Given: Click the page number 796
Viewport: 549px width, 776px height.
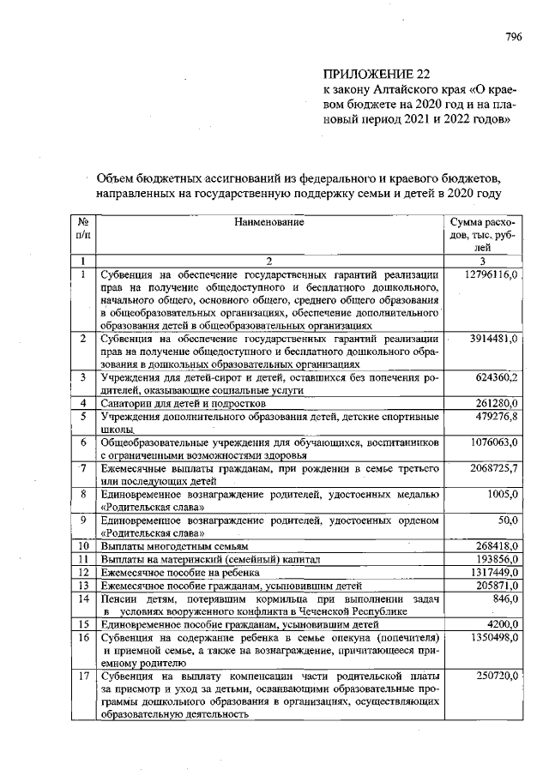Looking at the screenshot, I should point(513,37).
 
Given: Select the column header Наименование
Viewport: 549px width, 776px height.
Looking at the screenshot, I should point(269,222).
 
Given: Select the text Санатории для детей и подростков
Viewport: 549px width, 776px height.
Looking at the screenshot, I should point(184,403).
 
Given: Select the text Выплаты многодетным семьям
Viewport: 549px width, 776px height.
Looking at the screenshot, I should point(174,545).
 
